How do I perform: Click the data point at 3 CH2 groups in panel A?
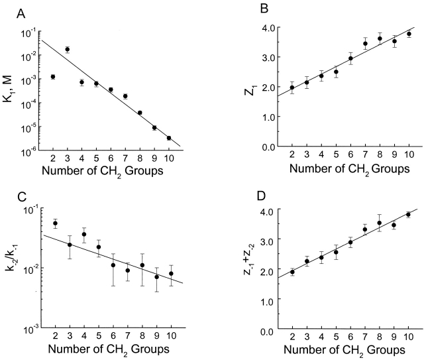pos(67,49)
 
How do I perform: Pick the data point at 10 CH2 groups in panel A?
pos(170,138)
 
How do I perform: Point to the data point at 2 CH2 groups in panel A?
pos(52,77)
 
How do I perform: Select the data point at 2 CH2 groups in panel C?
pos(55,223)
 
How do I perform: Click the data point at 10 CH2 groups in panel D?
pos(408,214)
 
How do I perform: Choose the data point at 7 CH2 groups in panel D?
pos(364,230)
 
